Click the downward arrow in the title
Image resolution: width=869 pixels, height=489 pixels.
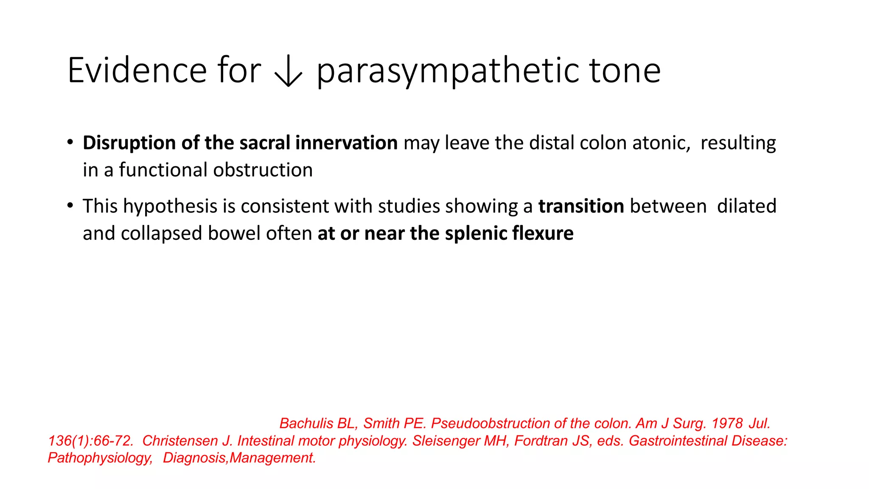pos(289,72)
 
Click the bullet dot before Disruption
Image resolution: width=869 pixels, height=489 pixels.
pos(70,142)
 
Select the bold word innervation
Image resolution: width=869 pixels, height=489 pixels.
pos(346,143)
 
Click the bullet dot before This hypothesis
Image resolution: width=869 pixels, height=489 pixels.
pos(70,206)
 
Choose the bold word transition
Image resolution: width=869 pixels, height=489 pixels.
pos(581,206)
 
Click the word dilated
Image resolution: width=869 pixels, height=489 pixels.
pos(746,206)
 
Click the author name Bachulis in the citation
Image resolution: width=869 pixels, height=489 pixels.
pos(306,423)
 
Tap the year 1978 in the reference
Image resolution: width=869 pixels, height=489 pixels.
pos(727,423)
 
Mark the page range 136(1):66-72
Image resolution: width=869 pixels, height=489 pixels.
pos(90,441)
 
